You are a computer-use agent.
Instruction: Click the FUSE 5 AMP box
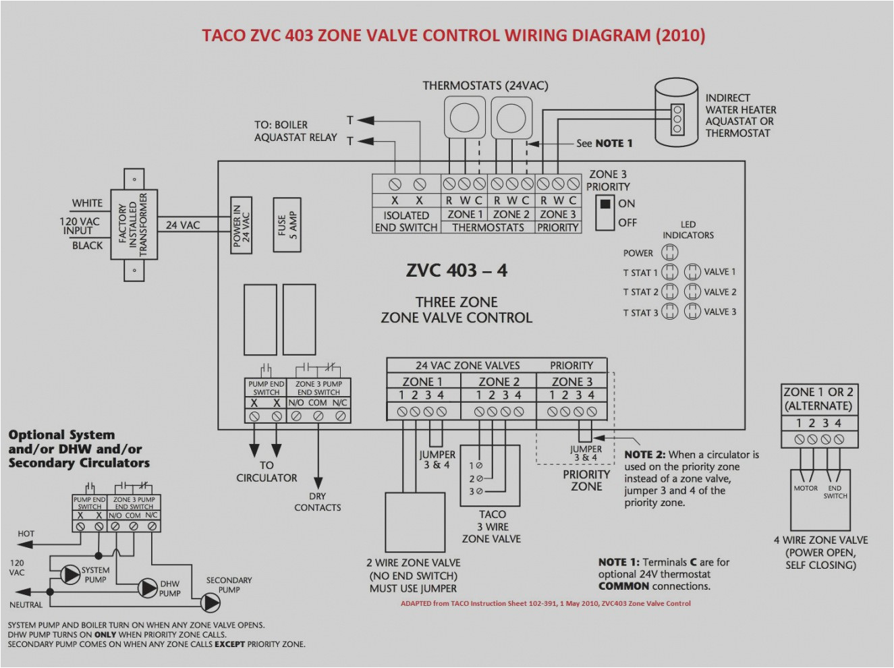pyautogui.click(x=287, y=225)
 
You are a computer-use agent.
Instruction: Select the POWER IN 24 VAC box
pyautogui.click(x=241, y=225)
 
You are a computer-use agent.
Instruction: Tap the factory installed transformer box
pyautogui.click(x=134, y=225)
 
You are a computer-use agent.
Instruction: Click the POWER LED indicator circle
pyautogui.click(x=669, y=252)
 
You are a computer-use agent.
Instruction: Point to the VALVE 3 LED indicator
pyautogui.click(x=692, y=312)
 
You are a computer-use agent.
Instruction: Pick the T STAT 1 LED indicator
pyautogui.click(x=669, y=272)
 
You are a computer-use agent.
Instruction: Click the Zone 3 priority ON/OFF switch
pyautogui.click(x=605, y=212)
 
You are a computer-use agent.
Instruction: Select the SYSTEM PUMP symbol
pyautogui.click(x=70, y=574)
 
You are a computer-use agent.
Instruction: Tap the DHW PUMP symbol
pyautogui.click(x=148, y=588)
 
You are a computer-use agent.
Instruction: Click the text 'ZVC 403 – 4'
pyautogui.click(x=456, y=271)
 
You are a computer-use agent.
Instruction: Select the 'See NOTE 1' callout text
pyautogui.click(x=604, y=143)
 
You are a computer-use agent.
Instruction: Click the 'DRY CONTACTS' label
pyautogui.click(x=317, y=501)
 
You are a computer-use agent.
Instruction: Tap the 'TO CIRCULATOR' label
pyautogui.click(x=267, y=471)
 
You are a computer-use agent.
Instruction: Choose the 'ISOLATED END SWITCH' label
pyautogui.click(x=406, y=221)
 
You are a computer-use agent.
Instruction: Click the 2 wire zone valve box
pyautogui.click(x=414, y=522)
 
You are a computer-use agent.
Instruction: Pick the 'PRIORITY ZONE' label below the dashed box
pyautogui.click(x=586, y=480)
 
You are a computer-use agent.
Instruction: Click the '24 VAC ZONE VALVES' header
pyautogui.click(x=467, y=365)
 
